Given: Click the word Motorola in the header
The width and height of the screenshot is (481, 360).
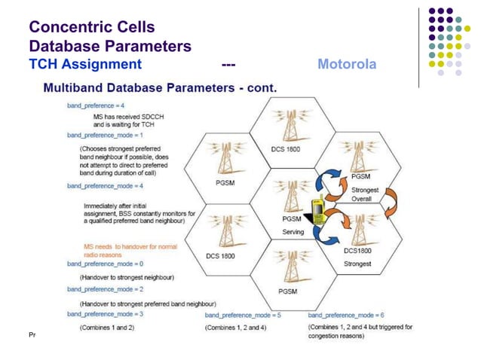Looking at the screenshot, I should click(x=346, y=64).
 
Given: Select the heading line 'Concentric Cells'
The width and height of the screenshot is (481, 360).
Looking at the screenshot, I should click(x=92, y=28).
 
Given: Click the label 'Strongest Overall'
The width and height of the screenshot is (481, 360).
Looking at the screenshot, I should click(x=366, y=194).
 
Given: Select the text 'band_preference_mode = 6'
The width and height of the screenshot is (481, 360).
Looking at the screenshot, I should click(x=346, y=314).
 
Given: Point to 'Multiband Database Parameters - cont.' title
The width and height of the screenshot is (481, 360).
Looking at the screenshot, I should click(x=161, y=88).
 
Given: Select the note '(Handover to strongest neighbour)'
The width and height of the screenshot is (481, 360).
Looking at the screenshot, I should click(x=127, y=276).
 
